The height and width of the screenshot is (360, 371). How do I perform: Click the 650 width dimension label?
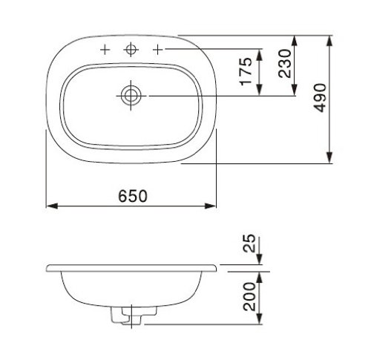133,196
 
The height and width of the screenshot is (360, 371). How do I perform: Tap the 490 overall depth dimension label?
320,98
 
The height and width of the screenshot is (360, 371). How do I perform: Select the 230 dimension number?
284,64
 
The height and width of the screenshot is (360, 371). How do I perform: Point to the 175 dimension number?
246,71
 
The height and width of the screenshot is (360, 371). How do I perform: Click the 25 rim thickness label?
249,243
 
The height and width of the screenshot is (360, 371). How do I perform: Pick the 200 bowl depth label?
249,297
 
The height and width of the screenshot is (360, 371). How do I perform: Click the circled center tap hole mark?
131,49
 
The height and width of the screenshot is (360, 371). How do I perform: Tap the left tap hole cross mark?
105,50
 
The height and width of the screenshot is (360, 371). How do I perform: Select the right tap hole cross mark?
158,50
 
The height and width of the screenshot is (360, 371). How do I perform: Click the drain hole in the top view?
131,96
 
